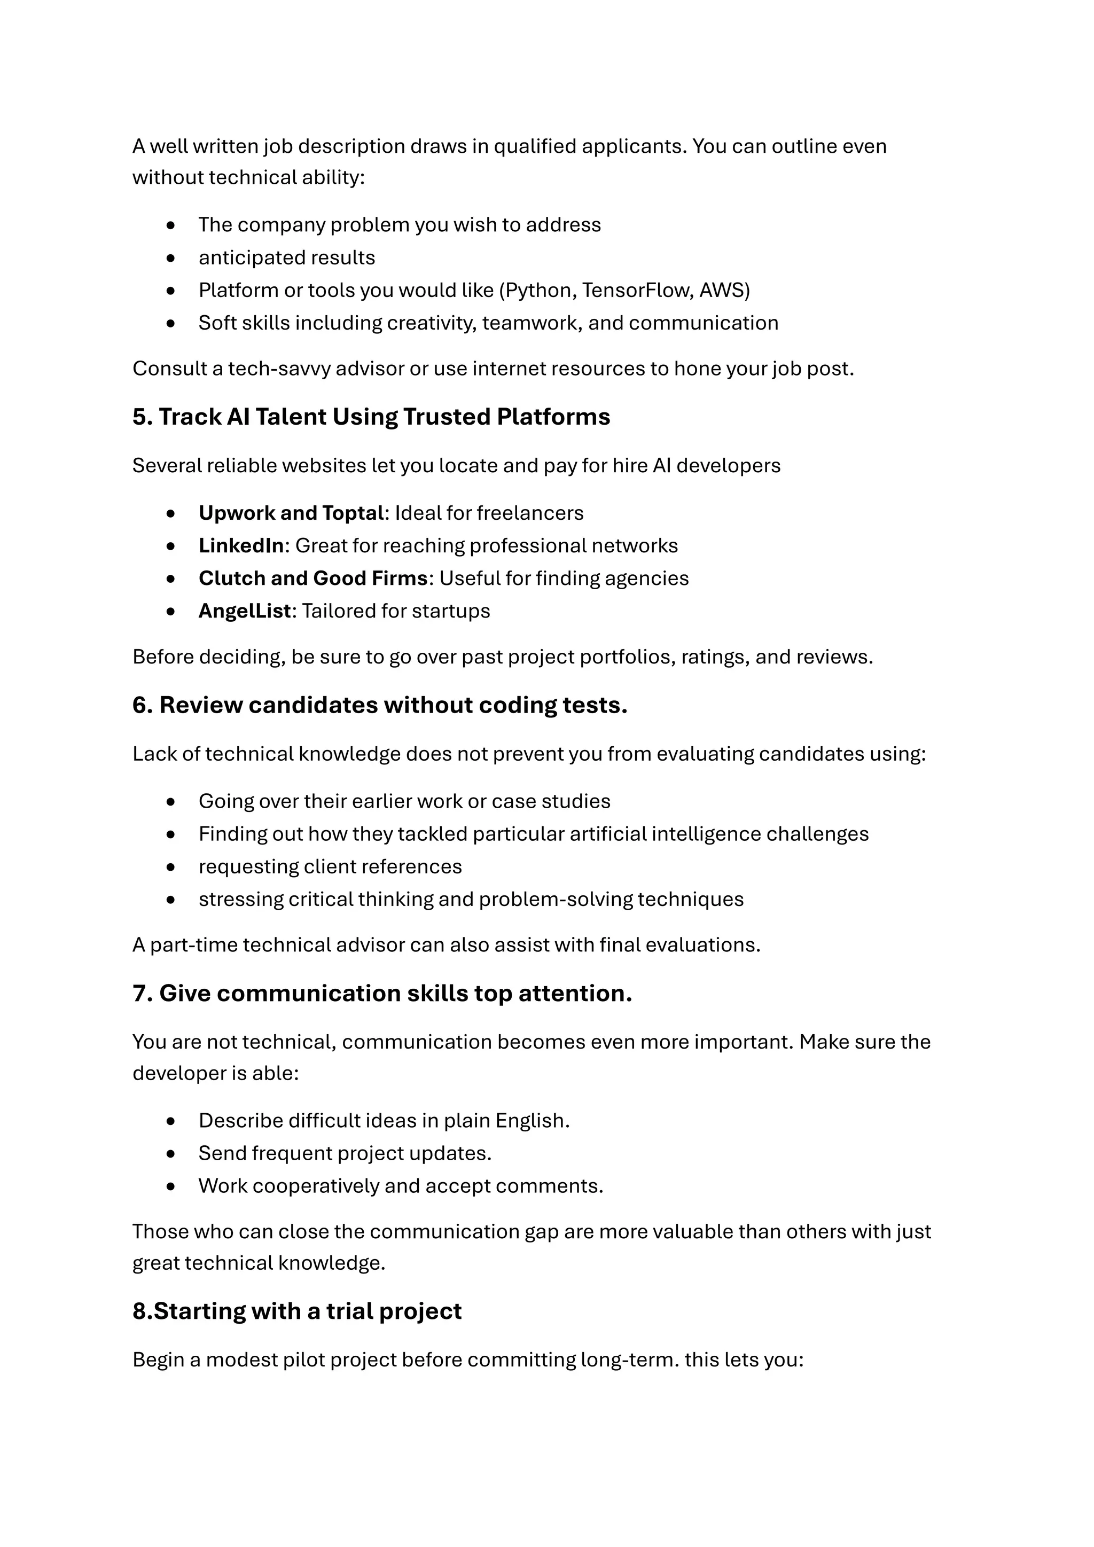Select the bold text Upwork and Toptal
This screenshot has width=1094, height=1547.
click(291, 513)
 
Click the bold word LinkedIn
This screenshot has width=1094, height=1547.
click(241, 546)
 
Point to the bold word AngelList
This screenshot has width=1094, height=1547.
click(245, 611)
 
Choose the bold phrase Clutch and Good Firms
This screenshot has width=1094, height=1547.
click(313, 579)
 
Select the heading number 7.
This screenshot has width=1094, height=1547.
click(142, 994)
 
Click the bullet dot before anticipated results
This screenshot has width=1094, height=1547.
click(171, 258)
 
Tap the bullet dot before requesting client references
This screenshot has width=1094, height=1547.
click(171, 867)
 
